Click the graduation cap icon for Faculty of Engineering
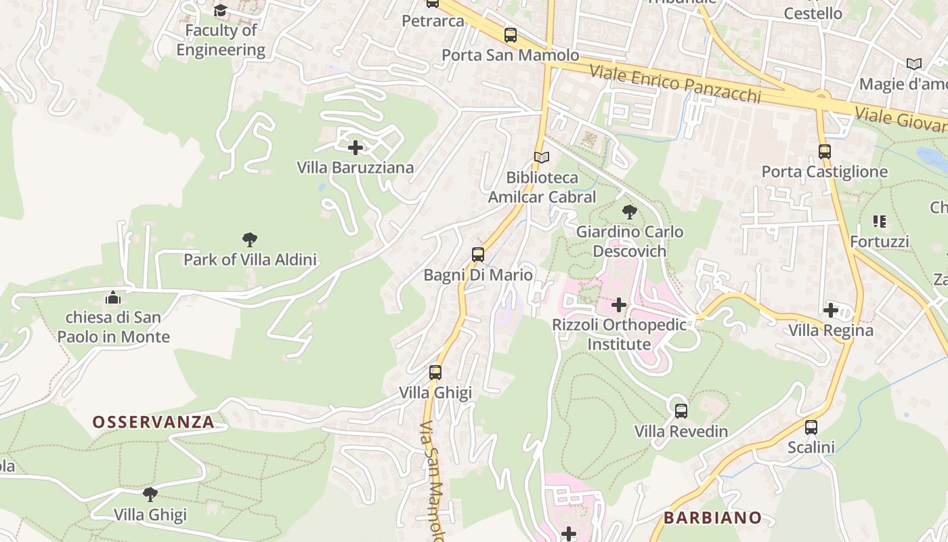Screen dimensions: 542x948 pyautogui.click(x=221, y=10)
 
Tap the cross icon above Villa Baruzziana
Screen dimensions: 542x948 pyautogui.click(x=355, y=147)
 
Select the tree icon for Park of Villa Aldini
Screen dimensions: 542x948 pyautogui.click(x=250, y=239)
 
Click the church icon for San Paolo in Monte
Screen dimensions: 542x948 pyautogui.click(x=113, y=297)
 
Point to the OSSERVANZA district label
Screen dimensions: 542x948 pyautogui.click(x=153, y=422)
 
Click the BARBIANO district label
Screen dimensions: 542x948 pyautogui.click(x=712, y=518)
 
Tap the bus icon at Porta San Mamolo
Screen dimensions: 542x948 pyautogui.click(x=511, y=35)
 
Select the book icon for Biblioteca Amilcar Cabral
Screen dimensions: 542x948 pyautogui.click(x=542, y=157)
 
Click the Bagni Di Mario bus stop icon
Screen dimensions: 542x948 pyautogui.click(x=478, y=255)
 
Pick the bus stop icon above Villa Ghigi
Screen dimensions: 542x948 pyautogui.click(x=435, y=373)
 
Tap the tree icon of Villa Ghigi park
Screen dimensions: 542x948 pyautogui.click(x=150, y=495)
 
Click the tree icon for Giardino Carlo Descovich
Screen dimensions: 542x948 pyautogui.click(x=630, y=212)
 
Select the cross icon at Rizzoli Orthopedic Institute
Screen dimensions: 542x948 pyautogui.click(x=619, y=305)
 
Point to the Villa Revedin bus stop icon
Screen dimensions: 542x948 pyautogui.click(x=681, y=411)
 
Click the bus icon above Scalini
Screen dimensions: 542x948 pyautogui.click(x=811, y=428)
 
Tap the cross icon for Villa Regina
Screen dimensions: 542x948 pyautogui.click(x=831, y=310)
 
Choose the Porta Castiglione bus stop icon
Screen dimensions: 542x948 pyautogui.click(x=825, y=152)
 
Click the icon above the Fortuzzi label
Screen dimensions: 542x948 pyautogui.click(x=880, y=222)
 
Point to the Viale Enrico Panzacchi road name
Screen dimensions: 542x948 pyautogui.click(x=675, y=84)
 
